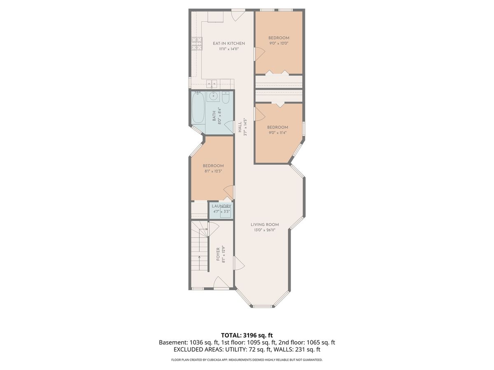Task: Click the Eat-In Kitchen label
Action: (x=228, y=43)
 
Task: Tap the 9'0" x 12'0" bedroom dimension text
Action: (x=279, y=43)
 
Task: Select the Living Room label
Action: (x=265, y=224)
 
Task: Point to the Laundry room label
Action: (x=221, y=206)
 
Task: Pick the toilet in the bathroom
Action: (x=226, y=97)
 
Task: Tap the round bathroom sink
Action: (x=212, y=97)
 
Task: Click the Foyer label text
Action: (x=218, y=254)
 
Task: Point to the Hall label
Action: (x=240, y=127)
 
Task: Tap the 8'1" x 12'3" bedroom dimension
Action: (x=213, y=171)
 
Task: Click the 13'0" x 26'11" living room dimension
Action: (x=265, y=230)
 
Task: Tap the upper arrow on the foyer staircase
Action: (x=203, y=229)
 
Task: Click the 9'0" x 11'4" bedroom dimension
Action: (x=277, y=132)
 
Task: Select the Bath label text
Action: (x=214, y=116)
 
